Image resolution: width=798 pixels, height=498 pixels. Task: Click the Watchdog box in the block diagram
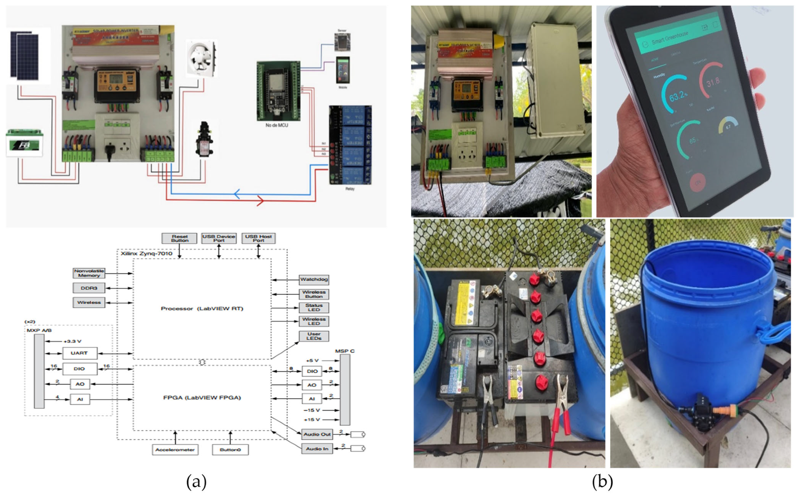(x=313, y=280)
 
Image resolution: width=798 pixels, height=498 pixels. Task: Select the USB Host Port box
(x=259, y=238)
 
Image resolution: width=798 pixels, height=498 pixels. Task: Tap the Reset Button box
(x=179, y=238)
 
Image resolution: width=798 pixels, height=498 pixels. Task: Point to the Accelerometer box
(x=175, y=450)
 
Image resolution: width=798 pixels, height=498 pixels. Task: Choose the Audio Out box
(x=317, y=434)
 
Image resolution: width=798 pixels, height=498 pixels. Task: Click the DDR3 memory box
(x=89, y=288)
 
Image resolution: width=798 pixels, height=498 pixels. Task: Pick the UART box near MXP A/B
(x=79, y=353)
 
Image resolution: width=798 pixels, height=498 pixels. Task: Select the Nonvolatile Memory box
(x=89, y=273)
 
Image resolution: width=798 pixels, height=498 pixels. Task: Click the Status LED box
(x=313, y=308)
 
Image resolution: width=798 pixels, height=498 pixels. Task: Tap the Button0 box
(x=230, y=450)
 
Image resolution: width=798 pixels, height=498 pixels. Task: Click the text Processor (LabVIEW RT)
(x=202, y=308)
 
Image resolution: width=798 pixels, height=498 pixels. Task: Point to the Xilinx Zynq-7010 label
(x=147, y=253)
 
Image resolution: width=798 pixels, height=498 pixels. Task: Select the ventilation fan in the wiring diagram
(x=201, y=58)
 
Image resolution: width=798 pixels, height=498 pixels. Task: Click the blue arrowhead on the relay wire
(x=237, y=194)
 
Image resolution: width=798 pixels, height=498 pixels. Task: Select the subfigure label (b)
(x=602, y=482)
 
